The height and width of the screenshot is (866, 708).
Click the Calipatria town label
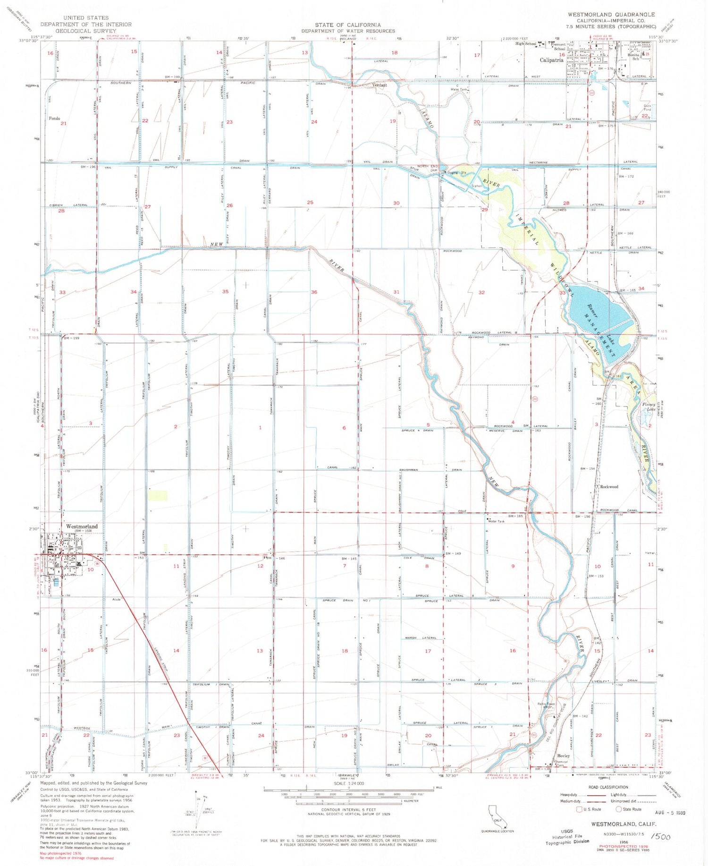pos(551,60)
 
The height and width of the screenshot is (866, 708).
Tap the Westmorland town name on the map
pos(82,526)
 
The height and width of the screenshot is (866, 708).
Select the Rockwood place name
pos(609,486)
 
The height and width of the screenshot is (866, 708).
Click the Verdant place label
pos(379,85)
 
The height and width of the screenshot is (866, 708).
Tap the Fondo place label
pos(54,119)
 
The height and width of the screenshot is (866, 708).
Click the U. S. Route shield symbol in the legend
pos(579,809)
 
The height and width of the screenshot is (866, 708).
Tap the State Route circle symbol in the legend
pos(619,809)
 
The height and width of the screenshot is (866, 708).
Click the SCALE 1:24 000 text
pos(349,784)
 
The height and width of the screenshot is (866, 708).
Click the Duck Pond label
pos(647,107)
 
